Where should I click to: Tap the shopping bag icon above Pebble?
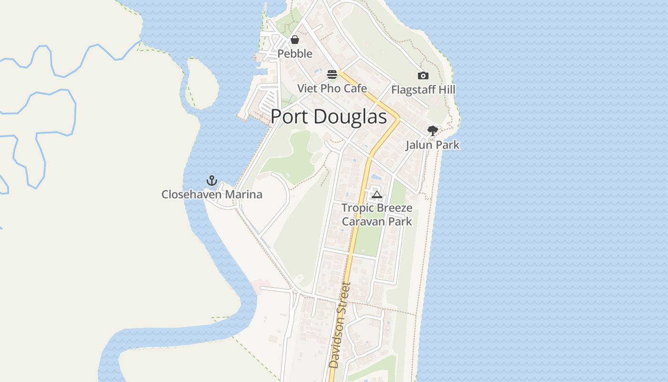(295, 40)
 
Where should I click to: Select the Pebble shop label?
(295, 53)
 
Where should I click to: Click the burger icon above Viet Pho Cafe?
(332, 74)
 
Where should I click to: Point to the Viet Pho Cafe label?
(332, 88)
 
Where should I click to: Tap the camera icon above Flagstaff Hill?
(423, 75)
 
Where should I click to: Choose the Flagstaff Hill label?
(423, 90)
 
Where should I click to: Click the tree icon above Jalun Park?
(432, 130)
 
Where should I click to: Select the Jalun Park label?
(432, 145)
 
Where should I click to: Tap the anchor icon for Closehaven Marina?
(211, 180)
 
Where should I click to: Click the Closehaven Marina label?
(212, 194)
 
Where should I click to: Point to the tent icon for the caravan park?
(377, 194)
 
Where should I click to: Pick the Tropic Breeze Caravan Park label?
(377, 215)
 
